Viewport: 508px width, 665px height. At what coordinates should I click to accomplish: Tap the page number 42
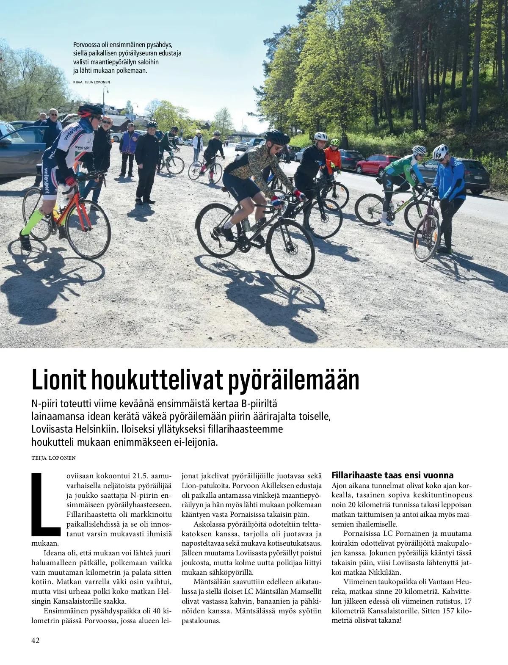pyautogui.click(x=36, y=640)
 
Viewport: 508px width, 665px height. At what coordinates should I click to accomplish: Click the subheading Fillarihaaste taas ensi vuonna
pyautogui.click(x=392, y=475)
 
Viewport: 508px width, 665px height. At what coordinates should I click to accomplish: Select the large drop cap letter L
pyautogui.click(x=47, y=503)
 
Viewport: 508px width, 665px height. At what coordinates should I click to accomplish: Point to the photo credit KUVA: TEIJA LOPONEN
pyautogui.click(x=92, y=81)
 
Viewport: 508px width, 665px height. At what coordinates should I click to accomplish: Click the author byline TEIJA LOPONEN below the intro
pyautogui.click(x=53, y=458)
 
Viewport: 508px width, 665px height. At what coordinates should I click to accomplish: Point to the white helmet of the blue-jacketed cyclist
pyautogui.click(x=440, y=151)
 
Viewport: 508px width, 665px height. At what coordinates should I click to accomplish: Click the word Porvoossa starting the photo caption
pyautogui.click(x=86, y=45)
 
